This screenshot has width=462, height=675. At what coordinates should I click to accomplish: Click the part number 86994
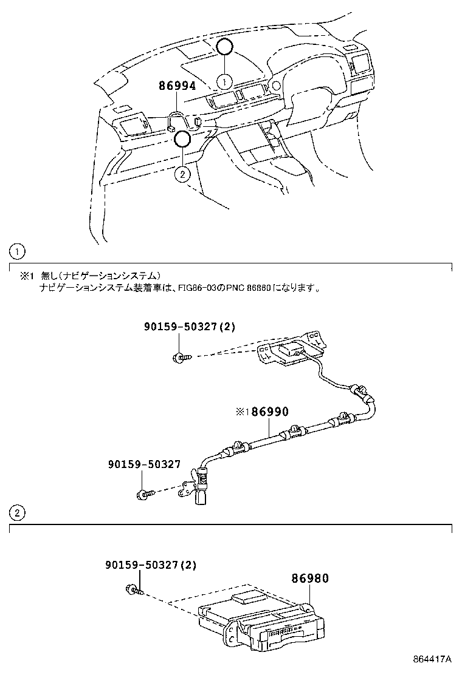point(177,86)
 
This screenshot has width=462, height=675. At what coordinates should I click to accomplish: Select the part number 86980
point(309,578)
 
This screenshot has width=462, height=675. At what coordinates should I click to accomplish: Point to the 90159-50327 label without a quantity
point(144,464)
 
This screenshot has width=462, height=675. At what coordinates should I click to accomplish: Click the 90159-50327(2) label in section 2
point(145,565)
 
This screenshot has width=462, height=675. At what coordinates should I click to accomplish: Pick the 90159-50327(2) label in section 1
point(189,327)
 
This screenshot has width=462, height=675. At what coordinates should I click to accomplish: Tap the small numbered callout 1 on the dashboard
point(225,80)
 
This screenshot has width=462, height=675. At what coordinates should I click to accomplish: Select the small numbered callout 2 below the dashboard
point(182,174)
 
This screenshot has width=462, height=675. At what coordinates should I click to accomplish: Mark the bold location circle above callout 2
point(182,140)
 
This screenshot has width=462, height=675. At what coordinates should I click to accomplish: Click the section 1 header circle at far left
point(18,251)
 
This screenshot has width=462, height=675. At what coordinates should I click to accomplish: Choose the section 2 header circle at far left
point(18,513)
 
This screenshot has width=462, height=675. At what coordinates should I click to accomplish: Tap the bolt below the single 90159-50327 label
point(143,493)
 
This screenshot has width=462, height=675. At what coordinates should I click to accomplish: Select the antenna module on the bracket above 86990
point(293,350)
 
